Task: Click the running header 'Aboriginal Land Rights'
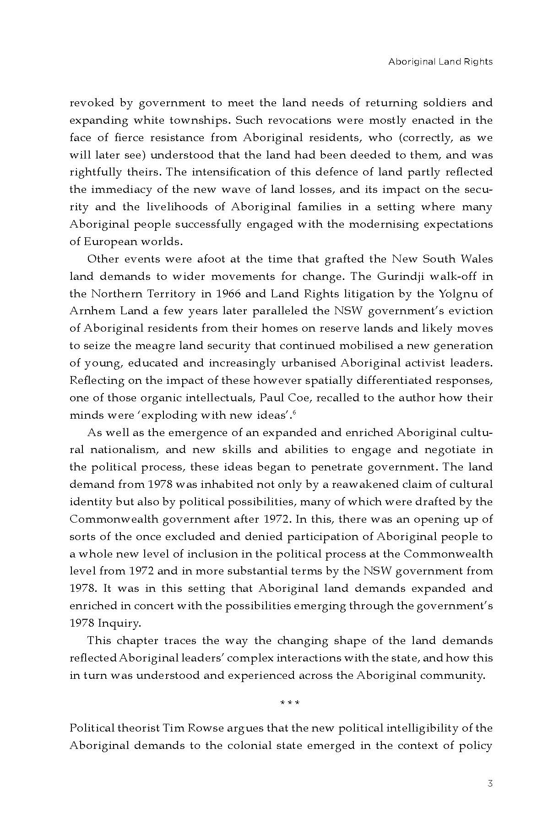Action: (x=440, y=61)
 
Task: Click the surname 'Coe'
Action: (x=300, y=398)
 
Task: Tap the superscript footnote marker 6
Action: (x=294, y=413)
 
